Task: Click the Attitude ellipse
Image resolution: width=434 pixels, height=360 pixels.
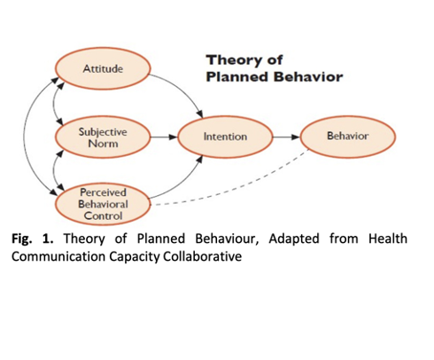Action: coord(103,68)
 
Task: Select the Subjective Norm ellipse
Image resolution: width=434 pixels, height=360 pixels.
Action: coord(103,137)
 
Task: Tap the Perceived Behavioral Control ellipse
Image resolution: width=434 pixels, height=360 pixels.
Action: coord(103,204)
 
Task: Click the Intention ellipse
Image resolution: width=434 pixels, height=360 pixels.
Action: coord(225,137)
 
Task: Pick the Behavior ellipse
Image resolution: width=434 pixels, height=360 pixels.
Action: coord(348,137)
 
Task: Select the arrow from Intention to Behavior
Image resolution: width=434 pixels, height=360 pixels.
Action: coord(286,137)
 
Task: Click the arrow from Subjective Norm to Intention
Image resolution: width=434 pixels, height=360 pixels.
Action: coord(164,137)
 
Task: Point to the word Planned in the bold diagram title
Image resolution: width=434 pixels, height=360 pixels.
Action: coord(237,77)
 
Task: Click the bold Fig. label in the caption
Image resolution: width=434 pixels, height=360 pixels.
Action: coord(21,239)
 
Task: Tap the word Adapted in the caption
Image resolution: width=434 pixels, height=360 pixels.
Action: coord(294,239)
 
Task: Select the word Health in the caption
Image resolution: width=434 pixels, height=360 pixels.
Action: coord(388,239)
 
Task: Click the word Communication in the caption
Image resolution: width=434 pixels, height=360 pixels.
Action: coord(58,256)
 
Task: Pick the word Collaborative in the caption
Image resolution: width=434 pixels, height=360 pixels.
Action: coord(203,256)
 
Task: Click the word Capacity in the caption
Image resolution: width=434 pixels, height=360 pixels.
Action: coord(135,257)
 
